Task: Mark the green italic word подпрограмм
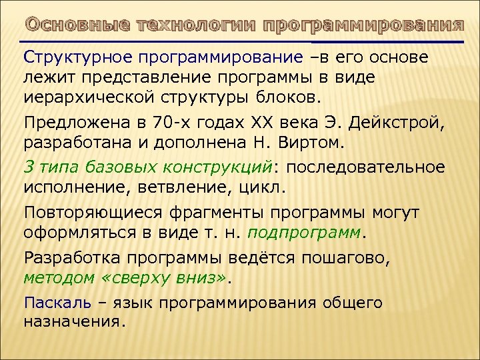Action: pos(306,233)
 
